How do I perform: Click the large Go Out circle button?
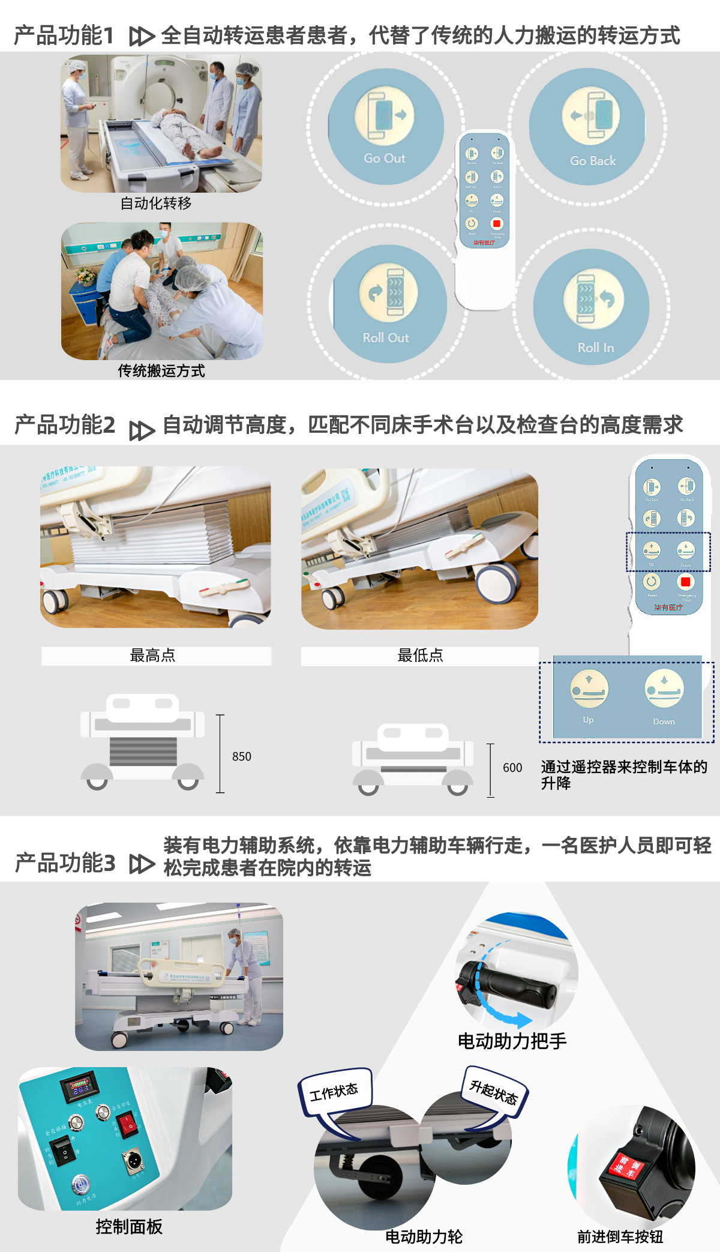[385, 127]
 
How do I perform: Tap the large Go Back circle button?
[587, 127]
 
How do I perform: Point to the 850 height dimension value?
[242, 756]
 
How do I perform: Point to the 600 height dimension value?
[512, 768]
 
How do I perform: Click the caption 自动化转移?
[156, 203]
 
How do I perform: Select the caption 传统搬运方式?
[161, 371]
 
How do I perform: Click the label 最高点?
[153, 655]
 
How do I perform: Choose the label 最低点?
[420, 655]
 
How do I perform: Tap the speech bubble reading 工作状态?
[334, 1091]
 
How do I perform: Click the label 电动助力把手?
[512, 1041]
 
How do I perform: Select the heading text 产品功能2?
[65, 424]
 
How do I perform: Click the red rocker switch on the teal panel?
[127, 1122]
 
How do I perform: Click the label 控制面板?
[129, 1227]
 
